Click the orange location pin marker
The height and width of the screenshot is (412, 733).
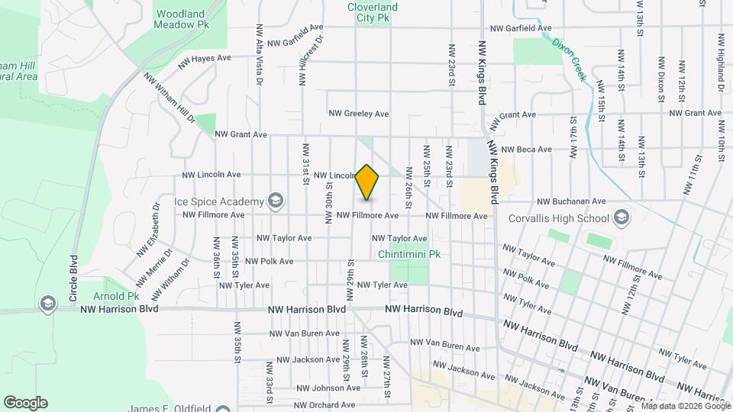(x=367, y=182)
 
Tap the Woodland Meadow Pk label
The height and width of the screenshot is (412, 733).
(x=183, y=19)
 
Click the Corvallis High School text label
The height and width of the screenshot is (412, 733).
(x=560, y=219)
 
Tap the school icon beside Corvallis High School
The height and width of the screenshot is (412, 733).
(x=622, y=218)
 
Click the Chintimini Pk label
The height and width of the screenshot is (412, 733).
(x=409, y=254)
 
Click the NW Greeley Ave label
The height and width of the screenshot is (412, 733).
(x=359, y=114)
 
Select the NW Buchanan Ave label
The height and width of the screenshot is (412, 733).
(x=571, y=202)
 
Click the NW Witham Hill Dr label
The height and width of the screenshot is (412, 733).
(x=170, y=98)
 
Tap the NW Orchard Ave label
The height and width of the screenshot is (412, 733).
(x=325, y=405)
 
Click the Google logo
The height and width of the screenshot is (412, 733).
(x=25, y=403)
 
